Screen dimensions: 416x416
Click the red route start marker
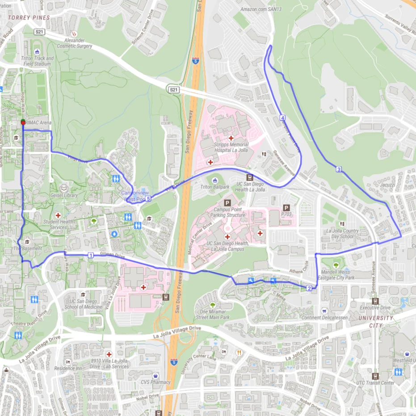23,122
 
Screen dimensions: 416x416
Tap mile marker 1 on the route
91,255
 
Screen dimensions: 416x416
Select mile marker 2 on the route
309,288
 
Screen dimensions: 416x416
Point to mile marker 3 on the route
339,169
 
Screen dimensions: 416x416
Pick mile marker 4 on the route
282,118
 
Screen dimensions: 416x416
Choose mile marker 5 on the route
148,198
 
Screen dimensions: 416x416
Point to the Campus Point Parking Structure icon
227,203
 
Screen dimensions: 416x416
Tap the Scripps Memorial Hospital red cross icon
231,138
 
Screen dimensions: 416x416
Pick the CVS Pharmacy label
155,382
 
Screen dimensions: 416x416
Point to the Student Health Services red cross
58,215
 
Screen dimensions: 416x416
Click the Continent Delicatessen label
324,318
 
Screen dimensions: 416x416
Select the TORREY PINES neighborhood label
29,18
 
